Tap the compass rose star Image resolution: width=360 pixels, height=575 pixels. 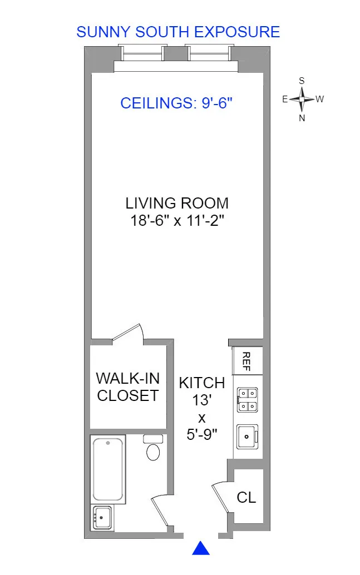(x=302, y=100)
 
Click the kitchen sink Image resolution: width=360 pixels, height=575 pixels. (x=246, y=435)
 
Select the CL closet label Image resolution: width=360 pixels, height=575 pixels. (x=246, y=497)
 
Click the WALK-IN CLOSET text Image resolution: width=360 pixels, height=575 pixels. (x=128, y=387)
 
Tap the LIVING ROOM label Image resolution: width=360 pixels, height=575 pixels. (x=176, y=203)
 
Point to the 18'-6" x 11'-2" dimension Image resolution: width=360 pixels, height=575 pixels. (x=176, y=220)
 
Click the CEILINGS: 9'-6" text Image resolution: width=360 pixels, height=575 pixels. (x=176, y=103)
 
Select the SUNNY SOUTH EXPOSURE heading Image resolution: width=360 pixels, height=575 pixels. (x=178, y=32)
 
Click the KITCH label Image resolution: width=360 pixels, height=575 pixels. (x=201, y=383)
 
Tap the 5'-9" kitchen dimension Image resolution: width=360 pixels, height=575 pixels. (x=201, y=434)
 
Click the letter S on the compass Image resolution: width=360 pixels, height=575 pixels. (x=302, y=81)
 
